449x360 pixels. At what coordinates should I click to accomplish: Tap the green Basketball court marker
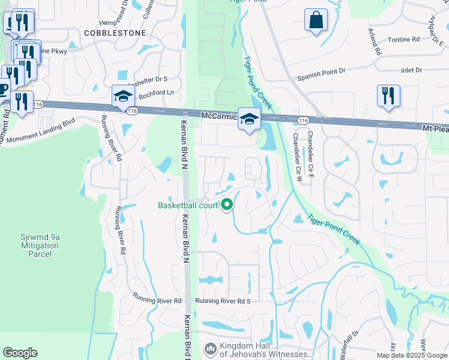(227, 205)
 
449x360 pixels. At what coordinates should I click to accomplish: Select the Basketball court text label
(187, 205)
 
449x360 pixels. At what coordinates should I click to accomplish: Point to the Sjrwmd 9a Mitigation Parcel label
(40, 245)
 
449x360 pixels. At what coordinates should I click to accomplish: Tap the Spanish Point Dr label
(322, 71)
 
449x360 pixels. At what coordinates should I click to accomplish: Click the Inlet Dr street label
(411, 71)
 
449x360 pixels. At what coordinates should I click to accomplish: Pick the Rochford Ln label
(156, 93)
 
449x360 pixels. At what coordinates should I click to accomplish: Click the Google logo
(20, 353)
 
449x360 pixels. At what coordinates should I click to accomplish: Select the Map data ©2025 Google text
(411, 355)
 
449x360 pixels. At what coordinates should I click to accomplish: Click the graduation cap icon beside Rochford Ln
(122, 96)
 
